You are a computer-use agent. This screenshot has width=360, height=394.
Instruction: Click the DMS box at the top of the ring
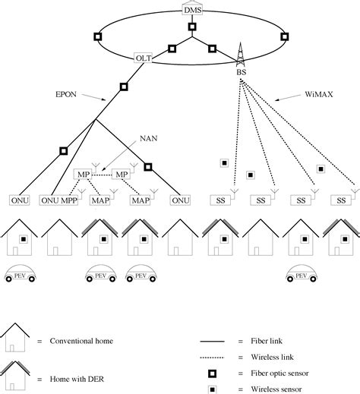[192, 10]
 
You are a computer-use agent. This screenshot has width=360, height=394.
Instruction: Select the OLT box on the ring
[144, 58]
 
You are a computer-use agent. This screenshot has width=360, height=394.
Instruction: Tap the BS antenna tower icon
[240, 55]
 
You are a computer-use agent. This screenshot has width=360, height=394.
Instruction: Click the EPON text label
[66, 94]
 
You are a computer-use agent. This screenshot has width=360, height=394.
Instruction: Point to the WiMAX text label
[319, 94]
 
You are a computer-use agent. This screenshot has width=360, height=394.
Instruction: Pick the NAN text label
[149, 138]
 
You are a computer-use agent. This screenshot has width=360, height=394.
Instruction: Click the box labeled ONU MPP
[58, 200]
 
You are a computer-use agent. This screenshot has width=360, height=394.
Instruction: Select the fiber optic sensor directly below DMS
[192, 27]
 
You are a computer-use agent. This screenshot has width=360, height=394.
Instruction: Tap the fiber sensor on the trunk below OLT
[124, 87]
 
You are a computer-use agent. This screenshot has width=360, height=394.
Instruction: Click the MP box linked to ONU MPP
[84, 175]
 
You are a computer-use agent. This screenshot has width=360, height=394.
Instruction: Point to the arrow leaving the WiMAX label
[288, 98]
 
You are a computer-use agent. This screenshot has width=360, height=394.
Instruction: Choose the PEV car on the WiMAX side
[302, 273]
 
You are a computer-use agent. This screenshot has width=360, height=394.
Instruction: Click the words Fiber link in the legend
[267, 341]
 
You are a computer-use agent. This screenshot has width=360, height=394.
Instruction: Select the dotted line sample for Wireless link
[212, 358]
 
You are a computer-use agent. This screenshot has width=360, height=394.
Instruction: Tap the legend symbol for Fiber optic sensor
[212, 374]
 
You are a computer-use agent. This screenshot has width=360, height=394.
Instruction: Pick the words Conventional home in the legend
[81, 341]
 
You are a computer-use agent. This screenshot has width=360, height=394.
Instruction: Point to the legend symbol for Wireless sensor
[212, 389]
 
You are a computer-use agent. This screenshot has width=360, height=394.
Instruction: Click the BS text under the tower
[242, 72]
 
